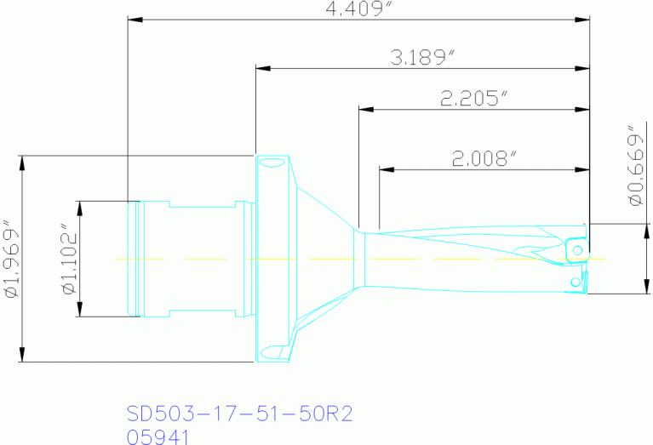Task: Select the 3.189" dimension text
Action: tap(423, 57)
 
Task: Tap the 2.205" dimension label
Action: tap(473, 98)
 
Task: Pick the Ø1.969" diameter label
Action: tap(11, 260)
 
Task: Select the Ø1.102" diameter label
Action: tap(67, 259)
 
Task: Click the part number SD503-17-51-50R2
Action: tap(239, 414)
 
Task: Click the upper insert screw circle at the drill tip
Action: tap(577, 249)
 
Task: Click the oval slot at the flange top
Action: tap(272, 162)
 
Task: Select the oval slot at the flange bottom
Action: tap(272, 350)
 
